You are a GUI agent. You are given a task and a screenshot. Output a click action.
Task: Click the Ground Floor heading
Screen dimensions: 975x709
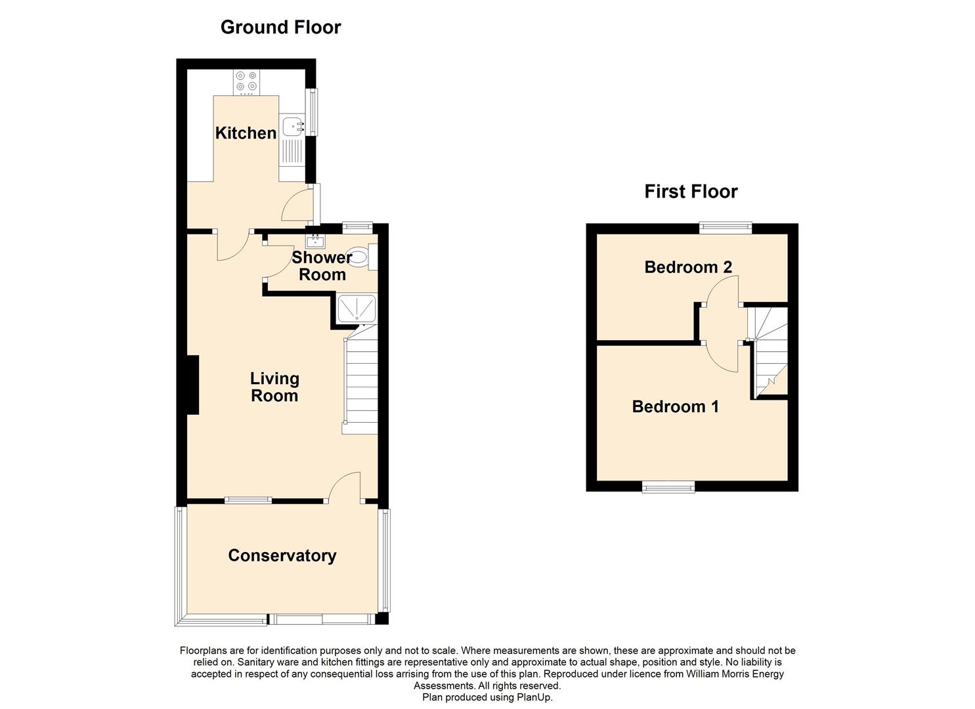[281, 28]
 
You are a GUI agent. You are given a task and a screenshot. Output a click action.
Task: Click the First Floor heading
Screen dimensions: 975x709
[691, 192]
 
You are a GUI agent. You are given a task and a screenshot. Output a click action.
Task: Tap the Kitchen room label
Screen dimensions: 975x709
[246, 133]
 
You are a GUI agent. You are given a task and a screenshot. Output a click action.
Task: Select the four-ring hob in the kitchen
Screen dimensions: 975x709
[246, 82]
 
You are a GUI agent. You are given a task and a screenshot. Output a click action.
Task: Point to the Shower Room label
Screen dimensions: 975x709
[322, 266]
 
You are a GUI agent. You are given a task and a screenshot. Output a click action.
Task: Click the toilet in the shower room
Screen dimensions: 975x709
[363, 257]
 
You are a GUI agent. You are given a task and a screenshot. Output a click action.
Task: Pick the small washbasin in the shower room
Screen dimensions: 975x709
[315, 241]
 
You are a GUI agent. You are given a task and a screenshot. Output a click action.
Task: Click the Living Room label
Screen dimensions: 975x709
[274, 387]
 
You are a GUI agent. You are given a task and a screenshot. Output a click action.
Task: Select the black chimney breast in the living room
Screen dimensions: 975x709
[193, 385]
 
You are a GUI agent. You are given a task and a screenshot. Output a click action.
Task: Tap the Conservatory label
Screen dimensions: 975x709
[282, 555]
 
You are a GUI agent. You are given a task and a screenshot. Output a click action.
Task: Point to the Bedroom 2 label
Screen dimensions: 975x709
[688, 267]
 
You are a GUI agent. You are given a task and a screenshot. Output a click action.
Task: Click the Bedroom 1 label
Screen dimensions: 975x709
[675, 406]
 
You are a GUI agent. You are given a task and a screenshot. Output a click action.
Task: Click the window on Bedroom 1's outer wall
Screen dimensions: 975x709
[668, 486]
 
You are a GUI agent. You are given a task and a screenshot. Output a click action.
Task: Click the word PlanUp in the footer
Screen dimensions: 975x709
[534, 697]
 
